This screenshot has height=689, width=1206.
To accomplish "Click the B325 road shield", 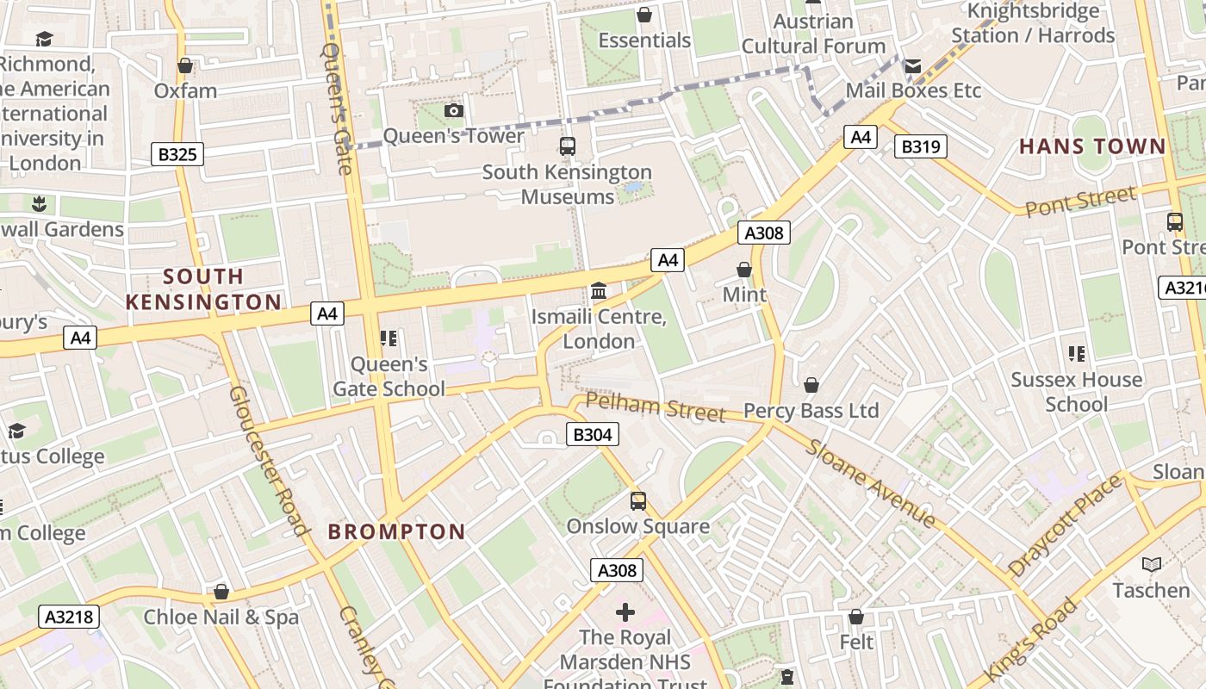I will [178, 155].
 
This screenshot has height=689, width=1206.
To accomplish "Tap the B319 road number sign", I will [920, 147].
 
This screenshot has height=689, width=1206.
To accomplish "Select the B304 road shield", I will [592, 435].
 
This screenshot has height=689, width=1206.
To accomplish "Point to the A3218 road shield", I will [69, 617].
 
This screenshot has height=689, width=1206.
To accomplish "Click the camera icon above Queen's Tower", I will [454, 111].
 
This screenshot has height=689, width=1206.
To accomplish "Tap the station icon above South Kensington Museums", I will [567, 146].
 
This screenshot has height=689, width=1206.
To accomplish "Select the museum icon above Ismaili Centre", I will [599, 291].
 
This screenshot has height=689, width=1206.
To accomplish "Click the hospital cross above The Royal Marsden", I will [625, 612].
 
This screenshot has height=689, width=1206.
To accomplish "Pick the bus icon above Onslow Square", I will [637, 501].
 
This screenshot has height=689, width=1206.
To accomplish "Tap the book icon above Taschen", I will [1151, 565].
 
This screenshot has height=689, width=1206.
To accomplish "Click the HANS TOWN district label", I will [1092, 146].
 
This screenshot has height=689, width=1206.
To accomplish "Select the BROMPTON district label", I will [396, 531].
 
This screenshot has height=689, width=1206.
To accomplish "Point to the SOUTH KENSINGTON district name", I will [203, 289].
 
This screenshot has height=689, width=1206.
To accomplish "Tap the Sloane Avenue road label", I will [870, 482].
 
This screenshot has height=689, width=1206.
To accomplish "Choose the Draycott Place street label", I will [1065, 525].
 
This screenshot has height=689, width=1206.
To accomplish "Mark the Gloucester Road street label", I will [267, 459].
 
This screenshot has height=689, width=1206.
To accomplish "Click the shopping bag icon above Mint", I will [744, 270].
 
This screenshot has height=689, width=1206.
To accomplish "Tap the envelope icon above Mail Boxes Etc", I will [912, 66].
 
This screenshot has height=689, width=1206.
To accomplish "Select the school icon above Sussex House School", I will [1076, 354].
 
